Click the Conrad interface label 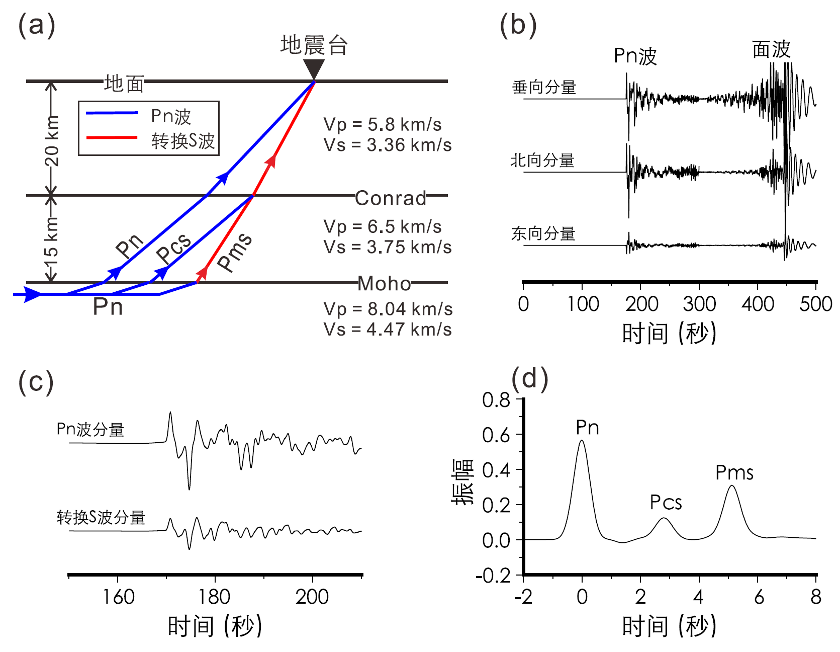[x=391, y=198]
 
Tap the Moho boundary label [x=385, y=284]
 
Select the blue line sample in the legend [x=112, y=113]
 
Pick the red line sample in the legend [x=112, y=137]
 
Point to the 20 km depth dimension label [x=52, y=141]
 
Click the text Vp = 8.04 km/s [x=388, y=309]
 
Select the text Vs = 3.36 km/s [x=388, y=145]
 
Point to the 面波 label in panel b [x=771, y=49]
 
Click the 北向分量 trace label [x=542, y=160]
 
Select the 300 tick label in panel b [x=699, y=304]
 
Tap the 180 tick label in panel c [x=215, y=597]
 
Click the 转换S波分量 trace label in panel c [x=101, y=517]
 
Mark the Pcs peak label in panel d [x=666, y=502]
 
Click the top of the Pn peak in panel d [x=582, y=441]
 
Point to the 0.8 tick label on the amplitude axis [x=496, y=400]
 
